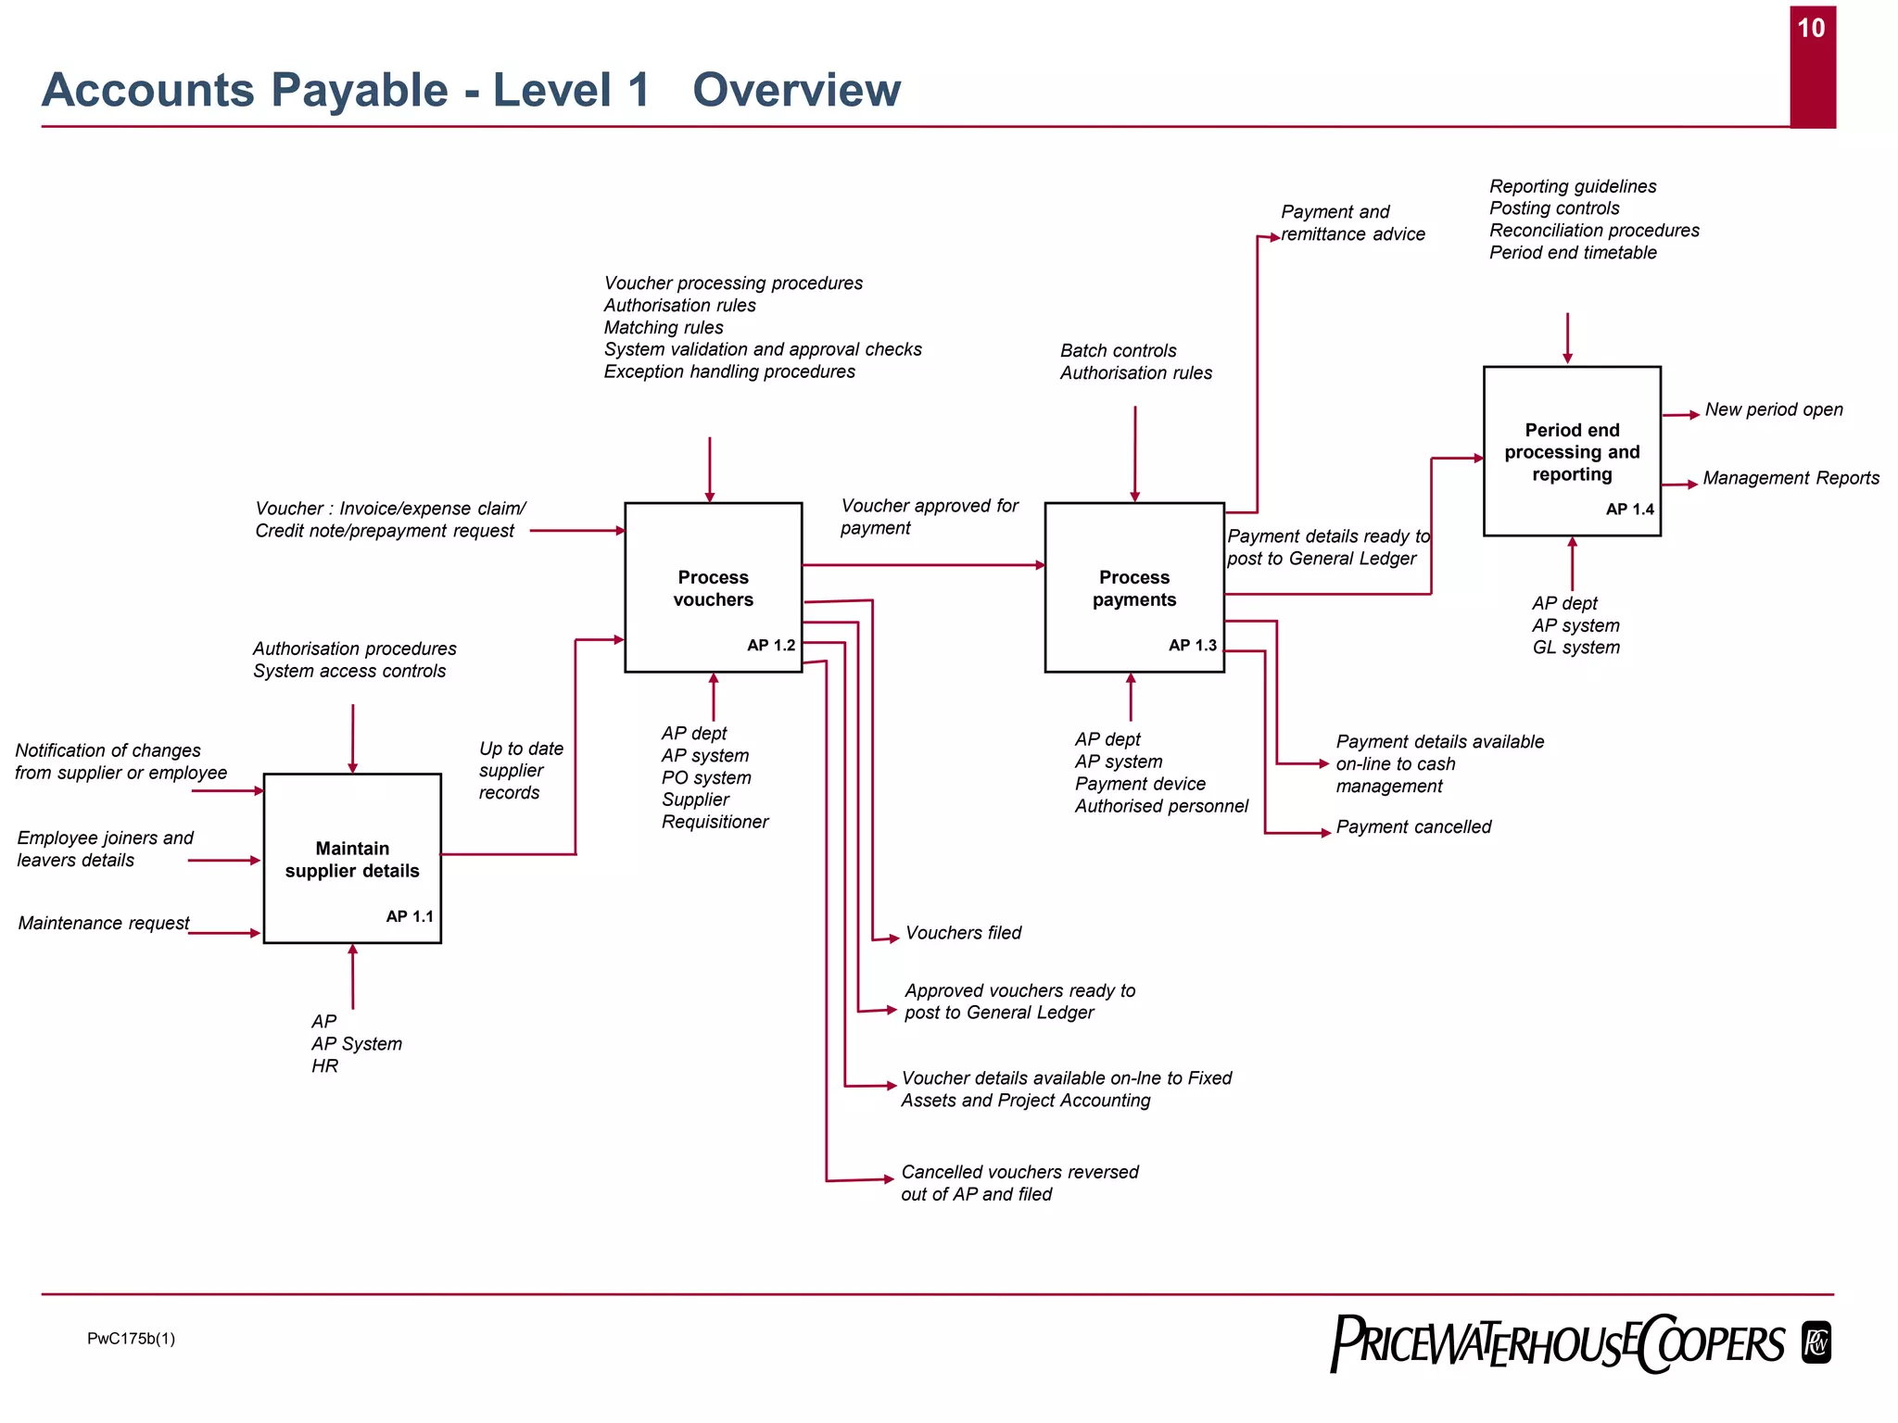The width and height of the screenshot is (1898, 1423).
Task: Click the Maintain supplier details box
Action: pos(352,859)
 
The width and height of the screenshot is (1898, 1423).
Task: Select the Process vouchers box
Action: pos(713,587)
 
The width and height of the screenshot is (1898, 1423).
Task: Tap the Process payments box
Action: pos(1133,587)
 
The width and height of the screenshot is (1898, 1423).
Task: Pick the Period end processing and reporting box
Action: pos(1572,451)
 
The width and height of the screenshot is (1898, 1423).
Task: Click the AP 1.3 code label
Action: pos(1192,645)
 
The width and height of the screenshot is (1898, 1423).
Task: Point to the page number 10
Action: pos(1811,29)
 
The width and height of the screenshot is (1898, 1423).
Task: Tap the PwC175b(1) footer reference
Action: pos(131,1338)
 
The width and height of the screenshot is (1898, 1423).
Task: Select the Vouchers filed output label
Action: pos(963,933)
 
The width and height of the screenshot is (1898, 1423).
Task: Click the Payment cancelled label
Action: pos(1413,826)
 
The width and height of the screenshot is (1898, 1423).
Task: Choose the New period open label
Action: pos(1773,409)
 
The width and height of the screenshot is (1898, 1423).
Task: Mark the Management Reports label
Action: pos(1790,478)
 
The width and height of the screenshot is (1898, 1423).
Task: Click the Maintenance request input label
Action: pos(104,923)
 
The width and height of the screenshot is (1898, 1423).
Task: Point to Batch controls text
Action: pos(1118,350)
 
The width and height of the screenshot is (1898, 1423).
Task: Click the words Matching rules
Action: pos(664,327)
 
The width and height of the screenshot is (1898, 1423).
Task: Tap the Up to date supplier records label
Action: pos(520,770)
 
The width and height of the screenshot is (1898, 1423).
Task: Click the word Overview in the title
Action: pos(796,90)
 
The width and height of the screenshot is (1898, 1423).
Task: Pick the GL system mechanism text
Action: pos(1575,647)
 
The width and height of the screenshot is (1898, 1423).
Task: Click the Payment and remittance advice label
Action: pos(1352,223)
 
